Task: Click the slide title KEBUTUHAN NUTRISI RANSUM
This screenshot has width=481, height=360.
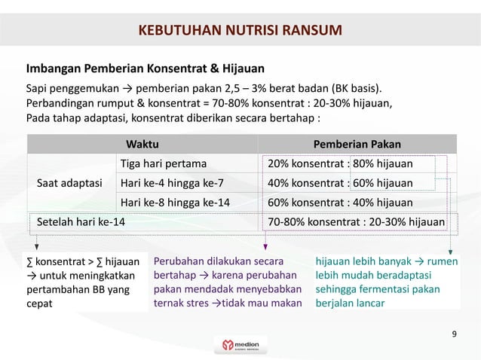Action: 240,31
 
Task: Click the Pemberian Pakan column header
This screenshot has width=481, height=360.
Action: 357,144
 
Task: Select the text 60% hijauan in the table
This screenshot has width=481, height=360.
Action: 382,182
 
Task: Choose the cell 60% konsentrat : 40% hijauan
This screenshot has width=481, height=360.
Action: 340,202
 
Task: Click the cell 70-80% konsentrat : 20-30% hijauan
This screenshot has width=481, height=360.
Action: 356,221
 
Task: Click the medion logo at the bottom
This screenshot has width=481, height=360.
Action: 240,345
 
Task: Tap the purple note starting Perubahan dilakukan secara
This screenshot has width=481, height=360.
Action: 227,282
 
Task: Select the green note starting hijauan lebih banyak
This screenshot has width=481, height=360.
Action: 387,282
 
